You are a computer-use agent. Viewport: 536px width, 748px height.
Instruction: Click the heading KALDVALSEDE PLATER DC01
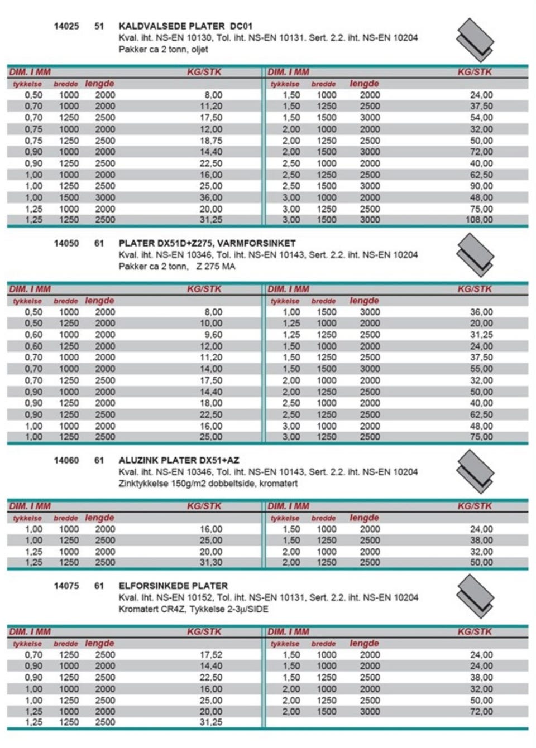185,26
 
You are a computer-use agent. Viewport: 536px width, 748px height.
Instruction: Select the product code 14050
66,243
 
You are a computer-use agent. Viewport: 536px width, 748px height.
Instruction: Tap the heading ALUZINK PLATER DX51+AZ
179,460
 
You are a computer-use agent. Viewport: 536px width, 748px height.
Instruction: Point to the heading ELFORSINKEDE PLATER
173,586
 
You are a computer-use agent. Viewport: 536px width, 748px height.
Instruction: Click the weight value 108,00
479,220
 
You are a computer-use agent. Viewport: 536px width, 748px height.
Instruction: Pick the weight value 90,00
481,186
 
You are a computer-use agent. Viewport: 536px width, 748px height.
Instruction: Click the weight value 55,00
481,369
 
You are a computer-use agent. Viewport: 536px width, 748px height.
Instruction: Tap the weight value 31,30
211,562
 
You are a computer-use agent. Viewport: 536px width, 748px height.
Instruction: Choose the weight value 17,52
211,655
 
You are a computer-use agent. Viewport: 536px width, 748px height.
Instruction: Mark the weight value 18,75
211,141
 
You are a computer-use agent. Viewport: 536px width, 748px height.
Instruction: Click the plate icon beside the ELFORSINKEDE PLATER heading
475,596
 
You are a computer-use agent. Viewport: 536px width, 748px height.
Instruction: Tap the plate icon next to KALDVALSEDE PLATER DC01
475,40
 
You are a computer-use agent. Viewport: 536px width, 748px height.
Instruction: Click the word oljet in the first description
199,49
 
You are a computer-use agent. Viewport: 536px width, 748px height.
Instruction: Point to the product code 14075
66,586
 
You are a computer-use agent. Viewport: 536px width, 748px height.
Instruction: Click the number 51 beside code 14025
99,26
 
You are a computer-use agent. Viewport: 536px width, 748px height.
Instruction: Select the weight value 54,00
481,118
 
